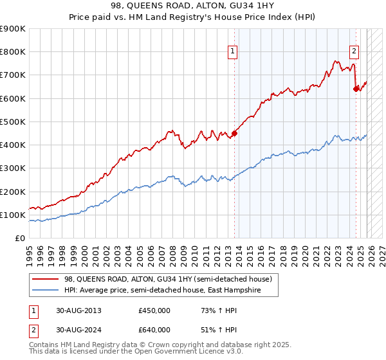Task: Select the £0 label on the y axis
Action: pyautogui.click(x=19, y=239)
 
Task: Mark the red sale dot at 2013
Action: pyautogui.click(x=234, y=134)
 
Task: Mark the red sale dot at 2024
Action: pyautogui.click(x=356, y=89)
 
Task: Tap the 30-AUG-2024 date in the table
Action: pyautogui.click(x=78, y=329)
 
